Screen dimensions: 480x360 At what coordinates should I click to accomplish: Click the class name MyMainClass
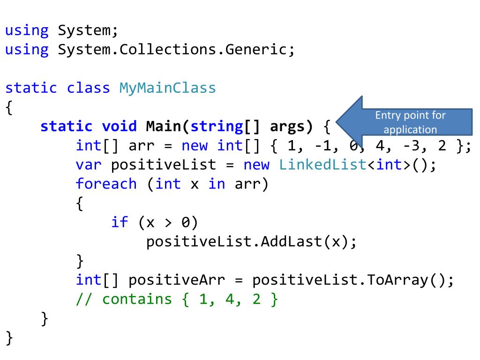coord(167,88)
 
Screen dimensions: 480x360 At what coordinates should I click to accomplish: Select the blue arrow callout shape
coord(356,121)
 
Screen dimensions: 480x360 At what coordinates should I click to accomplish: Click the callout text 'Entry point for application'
coord(410,122)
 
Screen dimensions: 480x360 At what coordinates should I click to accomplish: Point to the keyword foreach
coord(106,183)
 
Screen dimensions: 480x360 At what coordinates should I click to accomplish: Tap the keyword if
coord(120,222)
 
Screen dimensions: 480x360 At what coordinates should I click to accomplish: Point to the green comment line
coord(177,299)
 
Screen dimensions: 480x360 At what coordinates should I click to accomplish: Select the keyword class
coord(89,88)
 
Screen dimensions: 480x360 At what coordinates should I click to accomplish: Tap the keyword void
coord(119,126)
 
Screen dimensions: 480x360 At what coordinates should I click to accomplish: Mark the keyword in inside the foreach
coord(217,183)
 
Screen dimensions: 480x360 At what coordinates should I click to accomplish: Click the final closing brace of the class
coord(9,337)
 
